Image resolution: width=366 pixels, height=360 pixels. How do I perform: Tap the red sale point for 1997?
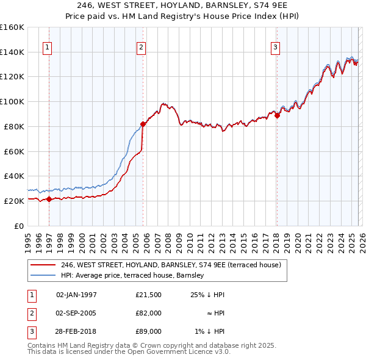pyautogui.click(x=49, y=199)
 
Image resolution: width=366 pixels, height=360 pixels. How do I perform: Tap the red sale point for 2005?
pyautogui.click(x=143, y=124)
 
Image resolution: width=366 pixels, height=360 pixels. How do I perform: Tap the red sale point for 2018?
pyautogui.click(x=277, y=115)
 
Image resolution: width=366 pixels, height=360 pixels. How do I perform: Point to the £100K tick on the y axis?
pyautogui.click(x=12, y=101)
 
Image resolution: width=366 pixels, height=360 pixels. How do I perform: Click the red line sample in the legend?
pyautogui.click(x=43, y=265)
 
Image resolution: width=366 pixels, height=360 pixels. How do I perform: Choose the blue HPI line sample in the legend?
pyautogui.click(x=43, y=276)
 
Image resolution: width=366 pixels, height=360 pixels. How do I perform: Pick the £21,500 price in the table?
pyautogui.click(x=148, y=295)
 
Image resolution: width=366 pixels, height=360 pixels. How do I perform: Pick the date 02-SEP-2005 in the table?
pyautogui.click(x=76, y=313)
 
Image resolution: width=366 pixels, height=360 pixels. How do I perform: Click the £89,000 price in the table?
pyautogui.click(x=148, y=331)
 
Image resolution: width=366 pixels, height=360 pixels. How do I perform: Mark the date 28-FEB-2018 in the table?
pyautogui.click(x=76, y=331)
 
